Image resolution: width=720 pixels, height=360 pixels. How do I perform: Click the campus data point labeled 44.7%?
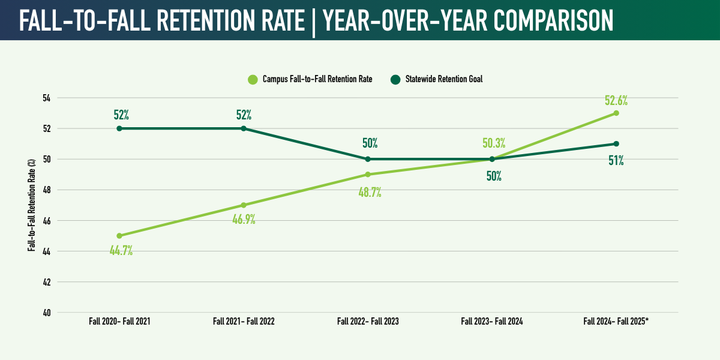tap(119, 236)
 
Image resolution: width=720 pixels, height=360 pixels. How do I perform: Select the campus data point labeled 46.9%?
tap(244, 205)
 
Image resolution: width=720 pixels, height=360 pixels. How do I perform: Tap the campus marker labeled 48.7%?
tap(368, 175)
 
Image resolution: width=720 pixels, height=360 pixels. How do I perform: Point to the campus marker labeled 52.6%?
tap(616, 113)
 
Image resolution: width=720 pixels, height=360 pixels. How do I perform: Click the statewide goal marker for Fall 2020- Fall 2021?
tap(119, 128)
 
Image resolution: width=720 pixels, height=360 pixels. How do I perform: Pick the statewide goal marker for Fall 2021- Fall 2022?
tap(244, 128)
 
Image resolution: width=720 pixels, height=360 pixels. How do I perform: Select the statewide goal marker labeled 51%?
tap(616, 144)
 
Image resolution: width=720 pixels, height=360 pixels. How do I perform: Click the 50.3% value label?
tap(494, 143)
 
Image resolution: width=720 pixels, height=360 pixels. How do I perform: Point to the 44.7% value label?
tap(121, 251)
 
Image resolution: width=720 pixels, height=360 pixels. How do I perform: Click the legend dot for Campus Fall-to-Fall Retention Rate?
tap(253, 79)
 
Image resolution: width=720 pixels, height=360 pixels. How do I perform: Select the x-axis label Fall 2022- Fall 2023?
tap(368, 322)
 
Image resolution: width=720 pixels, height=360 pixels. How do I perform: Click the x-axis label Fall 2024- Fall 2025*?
tap(616, 322)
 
